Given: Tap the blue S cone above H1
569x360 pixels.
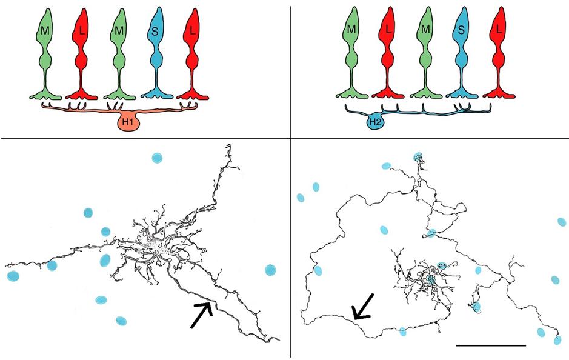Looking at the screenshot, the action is [x=156, y=48].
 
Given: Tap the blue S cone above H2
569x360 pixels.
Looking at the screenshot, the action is [x=463, y=48].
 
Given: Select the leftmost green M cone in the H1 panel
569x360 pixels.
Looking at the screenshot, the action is [x=46, y=48].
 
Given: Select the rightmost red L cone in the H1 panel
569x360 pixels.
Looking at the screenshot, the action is [x=193, y=48].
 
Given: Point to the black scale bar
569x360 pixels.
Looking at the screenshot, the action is [x=491, y=345].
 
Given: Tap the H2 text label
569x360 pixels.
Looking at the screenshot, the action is [x=373, y=124].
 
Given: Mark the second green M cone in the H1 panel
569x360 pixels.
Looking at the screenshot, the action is [x=119, y=48].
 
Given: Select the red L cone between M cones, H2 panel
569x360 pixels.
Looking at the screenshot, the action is [x=389, y=48].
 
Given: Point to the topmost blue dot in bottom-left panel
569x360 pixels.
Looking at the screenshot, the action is [x=157, y=159].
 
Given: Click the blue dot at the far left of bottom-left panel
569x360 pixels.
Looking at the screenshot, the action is [x=13, y=276].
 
